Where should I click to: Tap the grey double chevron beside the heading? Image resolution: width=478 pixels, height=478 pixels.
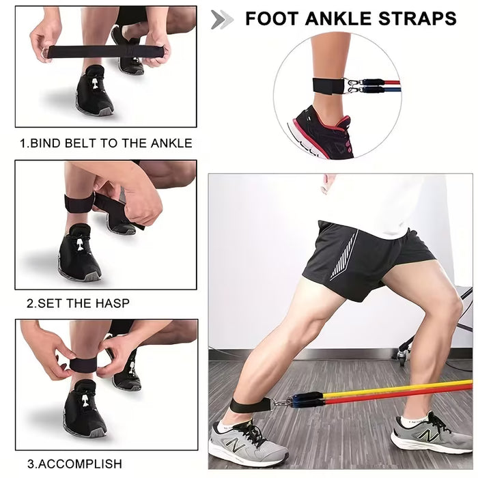(222, 19)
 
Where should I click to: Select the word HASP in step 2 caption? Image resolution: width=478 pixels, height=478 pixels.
(112, 303)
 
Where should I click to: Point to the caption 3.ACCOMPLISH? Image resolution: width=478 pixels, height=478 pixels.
(74, 464)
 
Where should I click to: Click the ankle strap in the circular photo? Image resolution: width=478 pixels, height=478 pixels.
(327, 87)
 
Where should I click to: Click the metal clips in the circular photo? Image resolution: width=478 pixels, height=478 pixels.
(354, 86)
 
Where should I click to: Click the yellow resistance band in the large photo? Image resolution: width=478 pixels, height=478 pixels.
(410, 388)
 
